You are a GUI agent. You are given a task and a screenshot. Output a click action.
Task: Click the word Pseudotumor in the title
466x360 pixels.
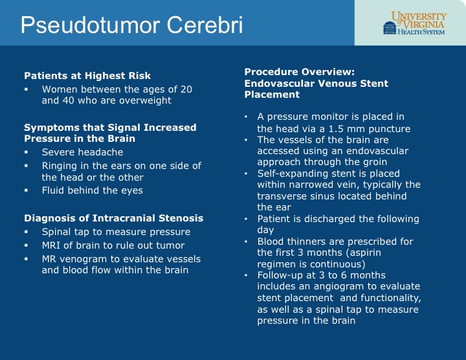click(x=91, y=25)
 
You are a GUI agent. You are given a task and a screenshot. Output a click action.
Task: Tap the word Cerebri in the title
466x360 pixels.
click(x=205, y=25)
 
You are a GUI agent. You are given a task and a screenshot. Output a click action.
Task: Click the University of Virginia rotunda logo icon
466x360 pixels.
click(x=390, y=28)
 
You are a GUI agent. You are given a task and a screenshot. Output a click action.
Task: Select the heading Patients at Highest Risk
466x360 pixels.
click(x=87, y=76)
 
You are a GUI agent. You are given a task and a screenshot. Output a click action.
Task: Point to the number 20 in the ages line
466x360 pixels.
click(x=186, y=89)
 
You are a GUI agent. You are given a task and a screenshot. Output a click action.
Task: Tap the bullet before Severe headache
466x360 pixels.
click(x=26, y=152)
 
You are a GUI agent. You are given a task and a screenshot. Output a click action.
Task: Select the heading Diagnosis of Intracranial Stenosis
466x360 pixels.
click(x=114, y=218)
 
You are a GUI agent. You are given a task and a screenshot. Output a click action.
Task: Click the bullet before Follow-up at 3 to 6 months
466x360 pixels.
click(x=246, y=275)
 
